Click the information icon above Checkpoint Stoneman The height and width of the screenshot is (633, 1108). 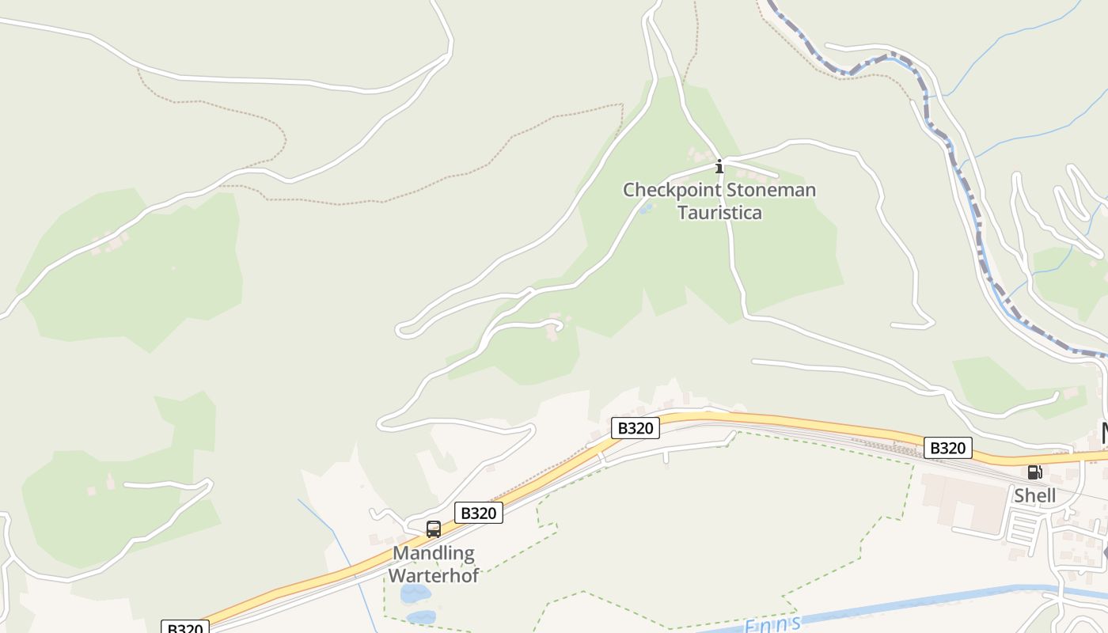pyautogui.click(x=719, y=166)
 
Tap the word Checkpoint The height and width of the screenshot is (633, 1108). pyautogui.click(x=672, y=190)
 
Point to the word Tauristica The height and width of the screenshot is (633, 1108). pyautogui.click(x=719, y=212)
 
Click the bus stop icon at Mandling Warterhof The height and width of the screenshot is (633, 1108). pyautogui.click(x=433, y=529)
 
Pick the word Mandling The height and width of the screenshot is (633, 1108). pyautogui.click(x=434, y=553)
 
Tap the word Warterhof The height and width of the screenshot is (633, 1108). pyautogui.click(x=434, y=575)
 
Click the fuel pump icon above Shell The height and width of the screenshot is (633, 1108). pyautogui.click(x=1034, y=472)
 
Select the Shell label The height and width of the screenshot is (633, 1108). pyautogui.click(x=1034, y=495)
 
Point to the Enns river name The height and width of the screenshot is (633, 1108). pyautogui.click(x=772, y=625)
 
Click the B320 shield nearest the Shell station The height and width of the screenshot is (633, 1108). pyautogui.click(x=947, y=448)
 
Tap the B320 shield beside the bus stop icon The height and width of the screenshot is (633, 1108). pyautogui.click(x=479, y=513)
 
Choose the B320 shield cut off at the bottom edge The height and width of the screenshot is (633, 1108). pyautogui.click(x=184, y=627)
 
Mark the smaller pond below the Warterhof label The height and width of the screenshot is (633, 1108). pyautogui.click(x=420, y=616)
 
